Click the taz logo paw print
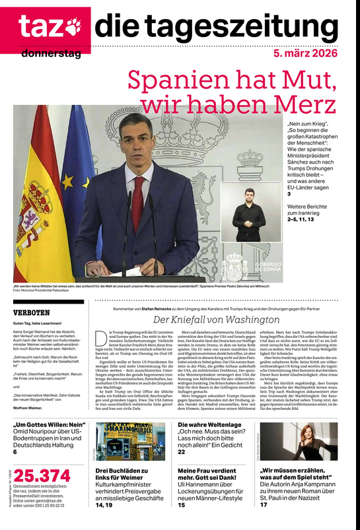(x=73, y=26)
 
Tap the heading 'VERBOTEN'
(x=32, y=312)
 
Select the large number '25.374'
(x=42, y=475)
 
